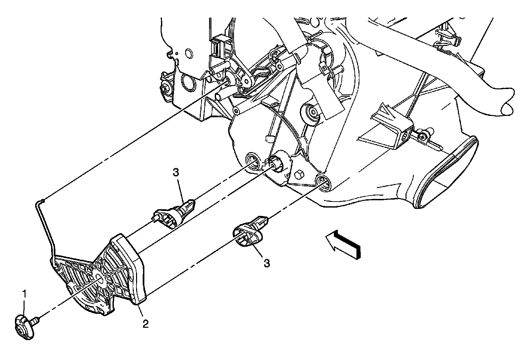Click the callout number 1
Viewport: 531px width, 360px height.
24,293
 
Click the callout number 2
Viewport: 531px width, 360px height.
145,323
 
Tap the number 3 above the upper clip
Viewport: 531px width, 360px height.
176,172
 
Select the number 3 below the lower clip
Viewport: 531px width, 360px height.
266,263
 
